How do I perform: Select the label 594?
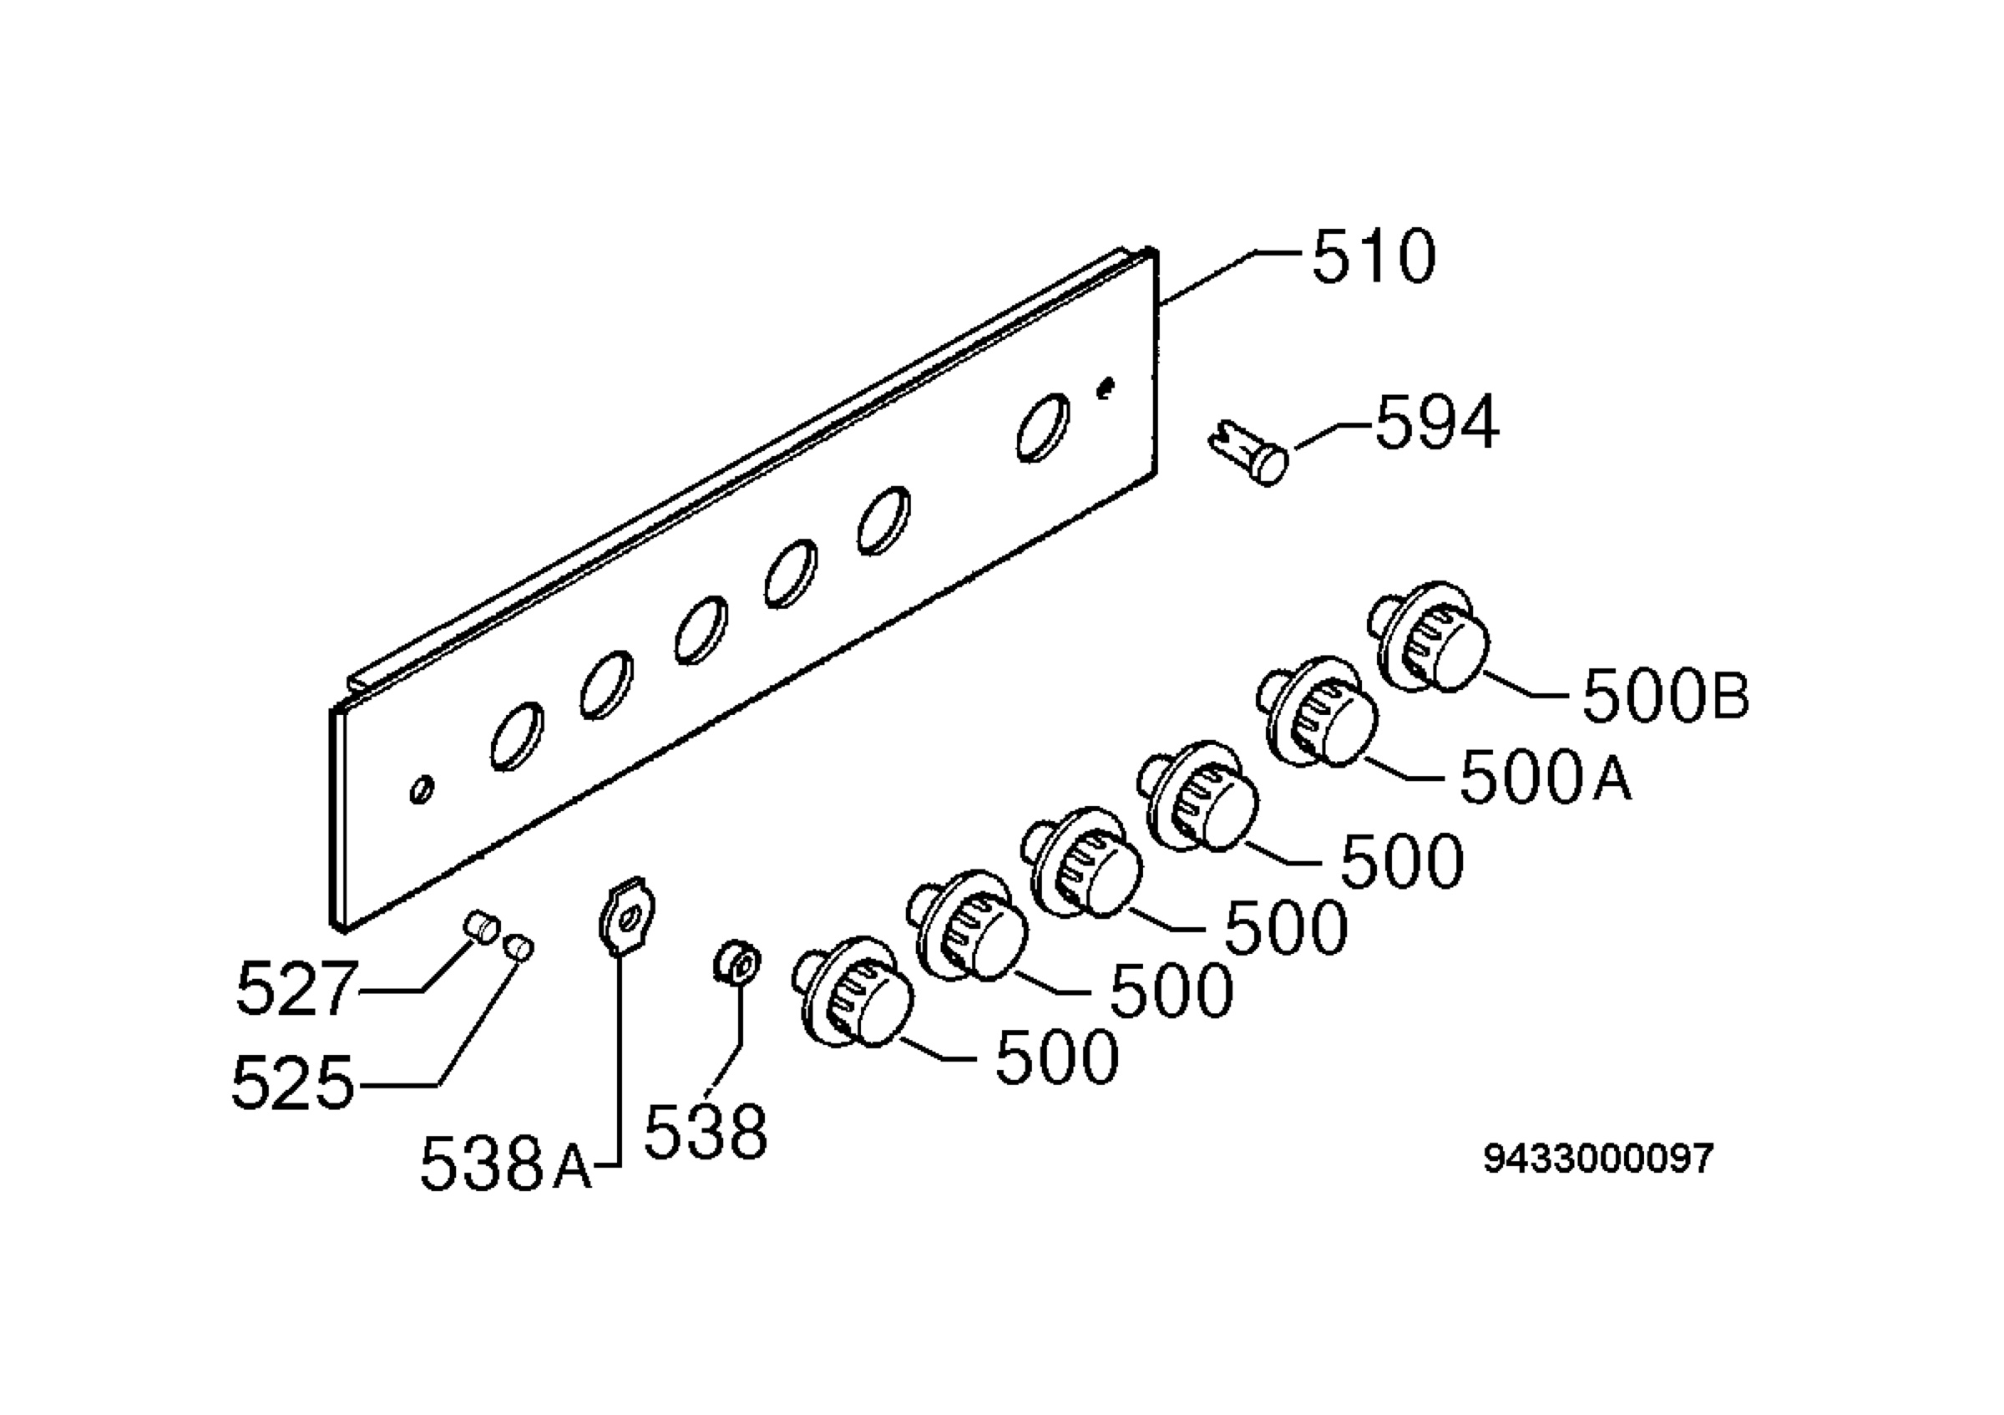point(1438,423)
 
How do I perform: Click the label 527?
point(296,989)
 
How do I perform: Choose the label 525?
point(293,1083)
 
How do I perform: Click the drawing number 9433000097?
point(1598,1159)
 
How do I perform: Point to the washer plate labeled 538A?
point(628,915)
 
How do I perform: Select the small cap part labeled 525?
point(519,946)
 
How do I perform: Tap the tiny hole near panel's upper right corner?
point(1106,387)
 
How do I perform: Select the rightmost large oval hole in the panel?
point(1043,427)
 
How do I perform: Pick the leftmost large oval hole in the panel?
point(517,736)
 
